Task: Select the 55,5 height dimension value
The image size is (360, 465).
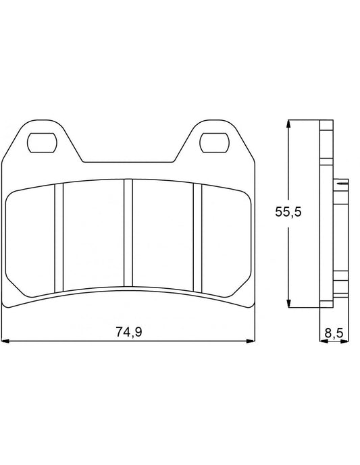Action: [287, 212]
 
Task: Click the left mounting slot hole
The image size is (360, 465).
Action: [42, 142]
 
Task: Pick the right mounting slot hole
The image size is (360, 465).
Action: [214, 142]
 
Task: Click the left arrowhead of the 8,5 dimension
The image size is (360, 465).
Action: [322, 341]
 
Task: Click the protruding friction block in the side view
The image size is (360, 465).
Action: [341, 233]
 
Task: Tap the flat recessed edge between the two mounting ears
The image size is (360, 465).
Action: [128, 163]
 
